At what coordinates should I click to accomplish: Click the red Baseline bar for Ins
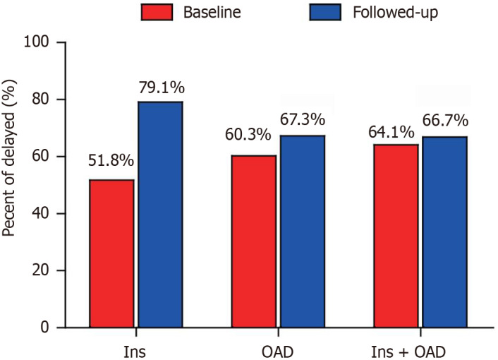click(111, 253)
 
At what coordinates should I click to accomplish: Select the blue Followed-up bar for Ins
click(160, 215)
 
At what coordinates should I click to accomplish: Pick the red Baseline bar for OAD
click(254, 241)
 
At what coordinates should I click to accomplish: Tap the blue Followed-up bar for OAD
click(303, 232)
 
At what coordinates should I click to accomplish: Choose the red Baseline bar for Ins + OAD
click(396, 236)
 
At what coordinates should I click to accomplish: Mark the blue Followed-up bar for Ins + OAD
click(444, 232)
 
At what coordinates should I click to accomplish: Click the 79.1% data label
click(162, 88)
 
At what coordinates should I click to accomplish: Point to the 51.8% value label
click(111, 161)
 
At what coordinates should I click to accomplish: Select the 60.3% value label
click(248, 135)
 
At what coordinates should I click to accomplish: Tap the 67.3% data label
click(303, 120)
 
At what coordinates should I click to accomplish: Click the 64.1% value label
click(391, 132)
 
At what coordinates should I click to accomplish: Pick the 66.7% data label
click(445, 121)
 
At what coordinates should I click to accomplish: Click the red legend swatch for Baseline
click(157, 13)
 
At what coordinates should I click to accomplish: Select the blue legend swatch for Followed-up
click(325, 13)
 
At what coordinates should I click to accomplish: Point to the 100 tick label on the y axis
click(36, 42)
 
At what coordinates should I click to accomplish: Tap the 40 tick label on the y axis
click(41, 213)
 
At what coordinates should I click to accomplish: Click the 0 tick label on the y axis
click(44, 328)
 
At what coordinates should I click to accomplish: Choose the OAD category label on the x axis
click(278, 352)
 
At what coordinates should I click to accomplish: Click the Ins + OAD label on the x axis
click(408, 352)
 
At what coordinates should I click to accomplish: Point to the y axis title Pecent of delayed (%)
click(9, 158)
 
